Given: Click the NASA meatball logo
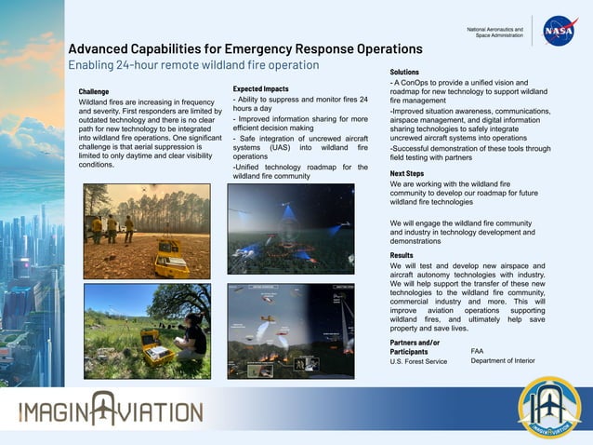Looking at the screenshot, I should (x=560, y=30).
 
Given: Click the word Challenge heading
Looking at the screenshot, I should (x=94, y=92).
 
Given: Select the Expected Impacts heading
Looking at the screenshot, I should (x=260, y=88).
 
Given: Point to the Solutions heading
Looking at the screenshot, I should (x=404, y=72).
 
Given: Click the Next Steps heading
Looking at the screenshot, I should (x=407, y=174).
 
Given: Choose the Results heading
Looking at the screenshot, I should (x=402, y=255).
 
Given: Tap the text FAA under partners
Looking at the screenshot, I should (x=478, y=351).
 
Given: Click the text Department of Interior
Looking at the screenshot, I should (x=503, y=361).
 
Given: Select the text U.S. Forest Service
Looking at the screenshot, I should (x=418, y=361).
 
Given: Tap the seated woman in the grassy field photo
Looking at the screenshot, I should (x=194, y=335).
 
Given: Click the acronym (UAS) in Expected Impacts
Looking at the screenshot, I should (x=280, y=148).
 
